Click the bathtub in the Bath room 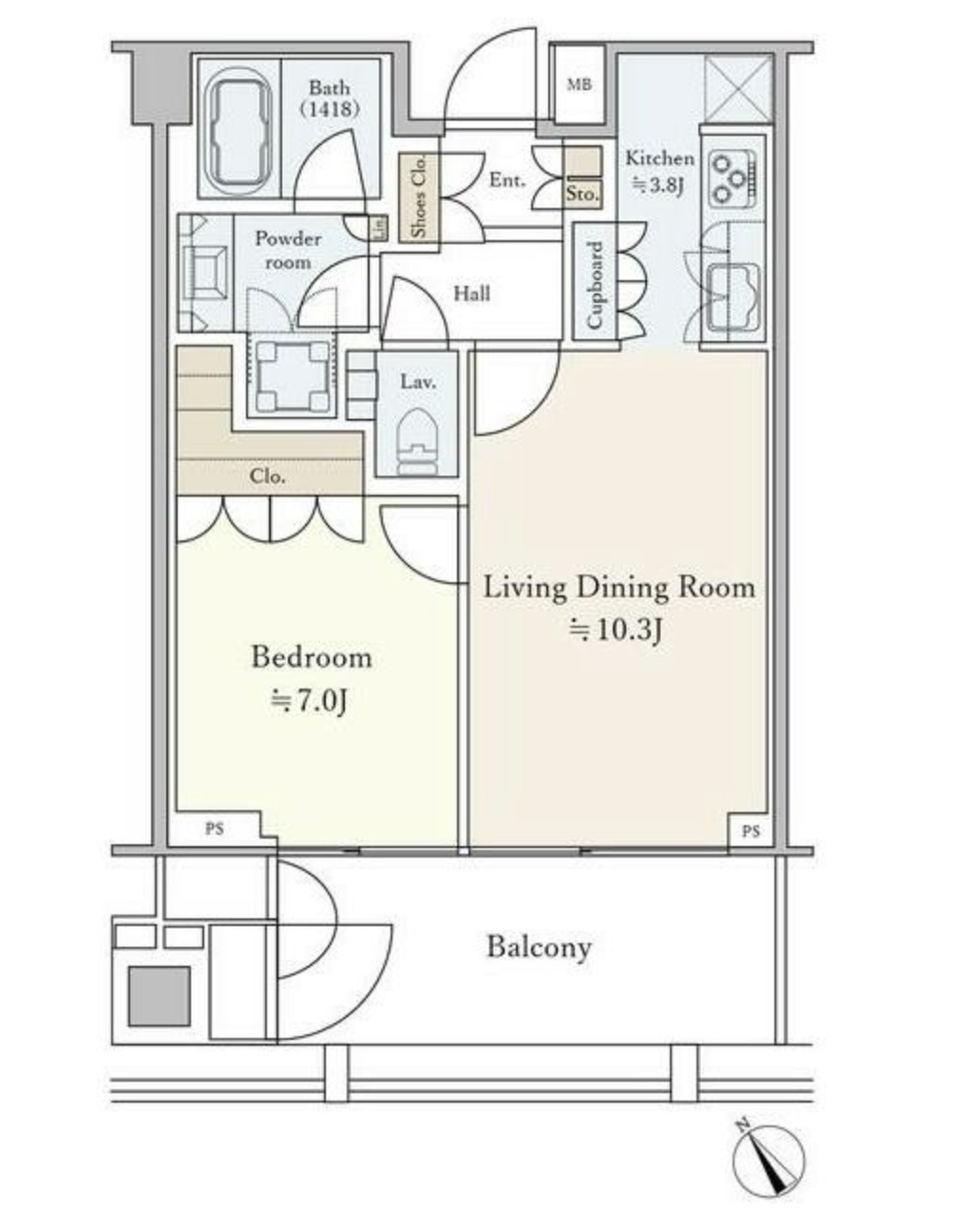click(x=238, y=129)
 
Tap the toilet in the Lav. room click(x=417, y=442)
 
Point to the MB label click(x=580, y=85)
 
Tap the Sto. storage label click(x=582, y=195)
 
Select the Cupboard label click(x=594, y=285)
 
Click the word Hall click(x=472, y=293)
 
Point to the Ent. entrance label click(x=507, y=180)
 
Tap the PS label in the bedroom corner click(x=214, y=828)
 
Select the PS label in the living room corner click(x=750, y=831)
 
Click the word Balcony click(x=540, y=948)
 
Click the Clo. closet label click(x=267, y=477)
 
